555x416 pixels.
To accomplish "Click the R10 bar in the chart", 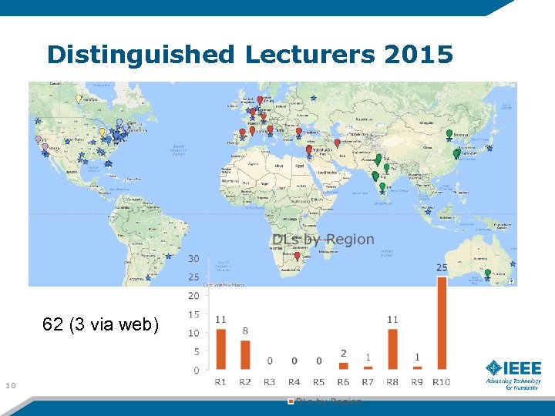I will [442, 324].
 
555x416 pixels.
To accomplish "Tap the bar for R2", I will [245, 355].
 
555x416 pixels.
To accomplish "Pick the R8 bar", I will [392, 349].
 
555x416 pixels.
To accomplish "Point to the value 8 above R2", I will [245, 331].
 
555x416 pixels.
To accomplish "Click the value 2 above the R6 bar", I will [343, 354].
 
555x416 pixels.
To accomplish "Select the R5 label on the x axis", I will [319, 382].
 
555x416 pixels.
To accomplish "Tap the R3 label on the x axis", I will [270, 382].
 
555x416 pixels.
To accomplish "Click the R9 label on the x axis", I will [417, 382].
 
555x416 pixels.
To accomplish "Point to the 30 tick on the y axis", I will [193, 258].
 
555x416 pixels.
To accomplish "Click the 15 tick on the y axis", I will [193, 314].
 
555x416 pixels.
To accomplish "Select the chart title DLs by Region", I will [323, 240].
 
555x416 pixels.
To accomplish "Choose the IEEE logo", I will [513, 373].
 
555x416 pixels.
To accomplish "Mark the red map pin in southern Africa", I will [298, 257].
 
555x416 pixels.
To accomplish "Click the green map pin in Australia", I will [487, 273].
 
